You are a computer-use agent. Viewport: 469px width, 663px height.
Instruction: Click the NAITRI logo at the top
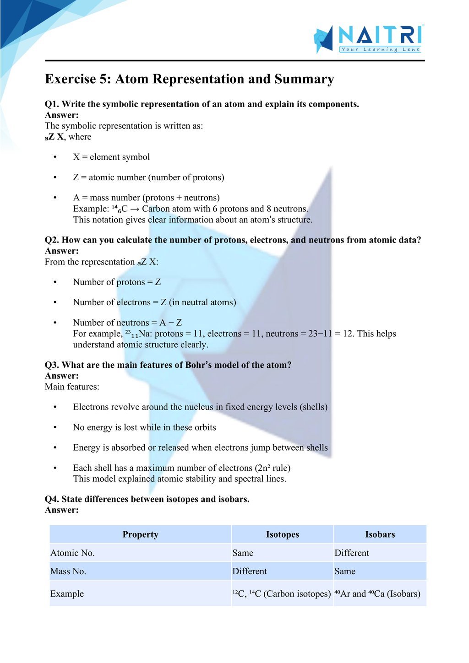(x=369, y=38)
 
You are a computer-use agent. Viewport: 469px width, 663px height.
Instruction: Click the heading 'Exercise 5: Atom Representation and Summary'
(x=189, y=79)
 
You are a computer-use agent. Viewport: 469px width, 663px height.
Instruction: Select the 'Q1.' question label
(x=52, y=104)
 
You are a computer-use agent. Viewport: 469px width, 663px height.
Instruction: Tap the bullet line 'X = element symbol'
(x=111, y=157)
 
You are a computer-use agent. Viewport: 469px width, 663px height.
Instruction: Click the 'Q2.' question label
(x=52, y=240)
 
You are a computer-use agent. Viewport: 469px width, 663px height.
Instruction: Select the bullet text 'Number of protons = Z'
(x=117, y=282)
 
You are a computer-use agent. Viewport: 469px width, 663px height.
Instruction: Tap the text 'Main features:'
(x=72, y=387)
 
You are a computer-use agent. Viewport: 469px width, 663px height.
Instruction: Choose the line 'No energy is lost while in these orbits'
(x=144, y=427)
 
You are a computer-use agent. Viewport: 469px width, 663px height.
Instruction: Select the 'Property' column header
(x=140, y=534)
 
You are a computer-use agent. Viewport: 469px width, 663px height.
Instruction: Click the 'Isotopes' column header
(x=282, y=534)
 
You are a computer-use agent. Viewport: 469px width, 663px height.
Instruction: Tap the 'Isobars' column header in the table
(x=380, y=534)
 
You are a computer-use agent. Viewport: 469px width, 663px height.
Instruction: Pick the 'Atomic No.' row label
(x=72, y=553)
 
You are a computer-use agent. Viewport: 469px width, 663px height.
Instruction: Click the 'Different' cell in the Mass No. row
(x=250, y=571)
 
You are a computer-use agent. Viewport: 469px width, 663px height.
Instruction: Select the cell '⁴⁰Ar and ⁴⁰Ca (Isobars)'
(x=377, y=594)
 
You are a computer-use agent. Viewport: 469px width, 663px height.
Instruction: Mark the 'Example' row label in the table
(x=67, y=594)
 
